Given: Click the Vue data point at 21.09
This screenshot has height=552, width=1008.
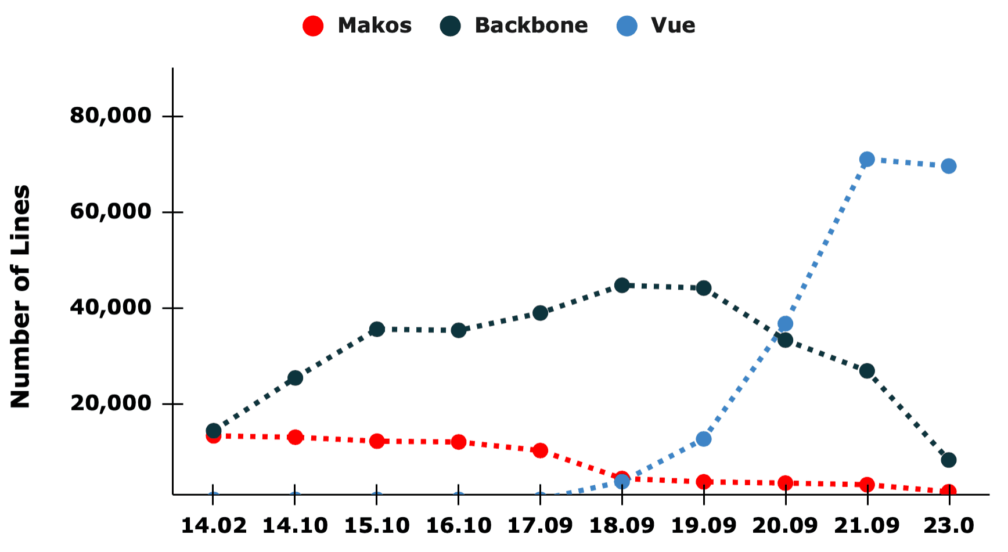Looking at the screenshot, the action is pos(866,159).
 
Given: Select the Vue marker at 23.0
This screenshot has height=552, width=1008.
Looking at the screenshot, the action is pos(948,166).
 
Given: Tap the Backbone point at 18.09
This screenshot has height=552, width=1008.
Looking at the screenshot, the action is pos(622,285).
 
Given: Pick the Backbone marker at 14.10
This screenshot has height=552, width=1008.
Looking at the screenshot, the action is pos(295,378).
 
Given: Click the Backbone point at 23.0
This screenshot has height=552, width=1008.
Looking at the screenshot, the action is pos(948,460).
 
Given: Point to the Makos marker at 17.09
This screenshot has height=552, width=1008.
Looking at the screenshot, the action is pos(540,450).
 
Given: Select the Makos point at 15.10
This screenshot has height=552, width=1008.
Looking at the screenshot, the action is pos(377,441).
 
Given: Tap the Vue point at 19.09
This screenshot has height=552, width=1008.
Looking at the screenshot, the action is pos(703,439).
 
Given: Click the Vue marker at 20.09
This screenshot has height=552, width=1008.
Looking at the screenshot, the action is pos(785,324).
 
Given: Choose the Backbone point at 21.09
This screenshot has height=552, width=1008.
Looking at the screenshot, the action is pos(866,371).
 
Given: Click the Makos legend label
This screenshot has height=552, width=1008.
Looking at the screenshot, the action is pos(375,26).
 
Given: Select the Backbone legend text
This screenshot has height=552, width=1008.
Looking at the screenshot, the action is pos(531,26).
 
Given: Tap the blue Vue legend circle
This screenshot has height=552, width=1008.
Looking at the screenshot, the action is pos(627,26).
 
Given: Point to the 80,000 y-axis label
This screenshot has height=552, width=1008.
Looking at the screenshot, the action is pos(111,116).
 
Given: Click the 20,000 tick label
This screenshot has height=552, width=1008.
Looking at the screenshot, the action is pos(111,403).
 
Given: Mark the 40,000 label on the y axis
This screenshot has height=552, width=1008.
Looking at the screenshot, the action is pos(111,308).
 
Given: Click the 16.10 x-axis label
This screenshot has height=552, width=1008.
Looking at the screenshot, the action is pos(459,526).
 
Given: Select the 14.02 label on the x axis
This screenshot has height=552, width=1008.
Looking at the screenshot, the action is pos(214,526).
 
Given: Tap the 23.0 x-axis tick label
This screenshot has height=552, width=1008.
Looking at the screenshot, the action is pos(948,526).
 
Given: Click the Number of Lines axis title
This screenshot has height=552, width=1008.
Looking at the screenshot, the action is pos(21,297).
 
